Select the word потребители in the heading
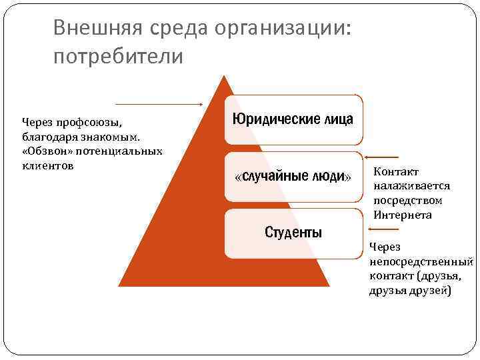point(117,56)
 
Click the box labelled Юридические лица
point(293,119)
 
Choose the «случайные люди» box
point(293,177)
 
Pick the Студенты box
point(293,233)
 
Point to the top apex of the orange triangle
point(225,75)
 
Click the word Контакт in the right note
point(396,172)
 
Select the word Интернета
point(403,215)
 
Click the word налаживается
point(412,187)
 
